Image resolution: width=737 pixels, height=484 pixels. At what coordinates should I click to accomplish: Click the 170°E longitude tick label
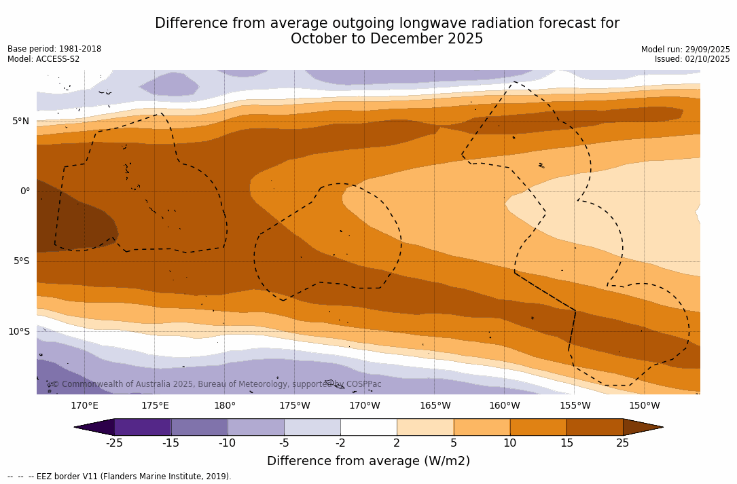[85, 406]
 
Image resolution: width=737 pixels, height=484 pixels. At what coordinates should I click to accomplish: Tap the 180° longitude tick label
[225, 406]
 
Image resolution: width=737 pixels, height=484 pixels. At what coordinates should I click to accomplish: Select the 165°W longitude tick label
[435, 406]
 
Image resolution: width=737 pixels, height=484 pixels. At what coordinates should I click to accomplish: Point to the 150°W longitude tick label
[645, 406]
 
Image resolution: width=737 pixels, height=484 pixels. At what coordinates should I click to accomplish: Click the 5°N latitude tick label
[20, 122]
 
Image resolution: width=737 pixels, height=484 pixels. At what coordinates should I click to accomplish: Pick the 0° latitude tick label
[25, 191]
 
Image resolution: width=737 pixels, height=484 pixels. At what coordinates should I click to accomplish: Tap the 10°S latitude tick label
[18, 332]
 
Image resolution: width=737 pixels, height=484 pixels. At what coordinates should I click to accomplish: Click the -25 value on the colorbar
[114, 443]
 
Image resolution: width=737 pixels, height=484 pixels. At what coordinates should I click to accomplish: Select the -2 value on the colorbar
[340, 443]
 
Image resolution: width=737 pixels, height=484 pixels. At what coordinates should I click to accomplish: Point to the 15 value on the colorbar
[566, 443]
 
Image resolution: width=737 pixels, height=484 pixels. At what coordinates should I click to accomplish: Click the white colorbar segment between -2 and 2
[368, 427]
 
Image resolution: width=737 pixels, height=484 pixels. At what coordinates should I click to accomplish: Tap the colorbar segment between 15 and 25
[594, 427]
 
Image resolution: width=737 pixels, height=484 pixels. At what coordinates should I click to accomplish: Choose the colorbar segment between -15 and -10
[199, 427]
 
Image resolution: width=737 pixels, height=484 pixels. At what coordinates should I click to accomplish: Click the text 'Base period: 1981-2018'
[54, 49]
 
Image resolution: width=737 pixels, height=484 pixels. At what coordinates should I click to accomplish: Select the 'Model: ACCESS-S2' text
[43, 59]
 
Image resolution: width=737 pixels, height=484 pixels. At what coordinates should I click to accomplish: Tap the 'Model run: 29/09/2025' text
[685, 50]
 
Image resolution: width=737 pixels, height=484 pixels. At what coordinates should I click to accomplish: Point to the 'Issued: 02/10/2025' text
[692, 59]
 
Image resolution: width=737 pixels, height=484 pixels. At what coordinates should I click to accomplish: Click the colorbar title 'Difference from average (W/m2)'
[368, 461]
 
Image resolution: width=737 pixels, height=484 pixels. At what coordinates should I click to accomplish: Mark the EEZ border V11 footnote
[120, 477]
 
